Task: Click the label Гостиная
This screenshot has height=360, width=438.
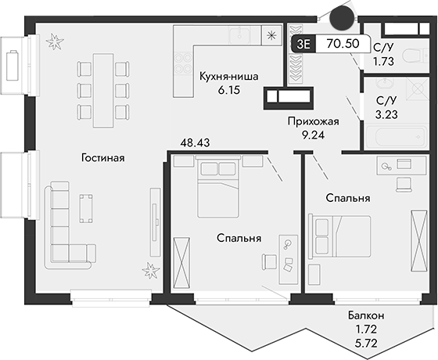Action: click(102, 157)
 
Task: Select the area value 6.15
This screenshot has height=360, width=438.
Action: click(230, 91)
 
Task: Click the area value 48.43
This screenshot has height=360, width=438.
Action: click(196, 143)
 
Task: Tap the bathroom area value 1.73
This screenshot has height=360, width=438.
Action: click(383, 61)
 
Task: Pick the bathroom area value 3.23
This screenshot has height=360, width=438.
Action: click(388, 114)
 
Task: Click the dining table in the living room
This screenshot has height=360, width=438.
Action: click(102, 89)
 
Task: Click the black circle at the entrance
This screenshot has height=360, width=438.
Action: click(341, 16)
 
